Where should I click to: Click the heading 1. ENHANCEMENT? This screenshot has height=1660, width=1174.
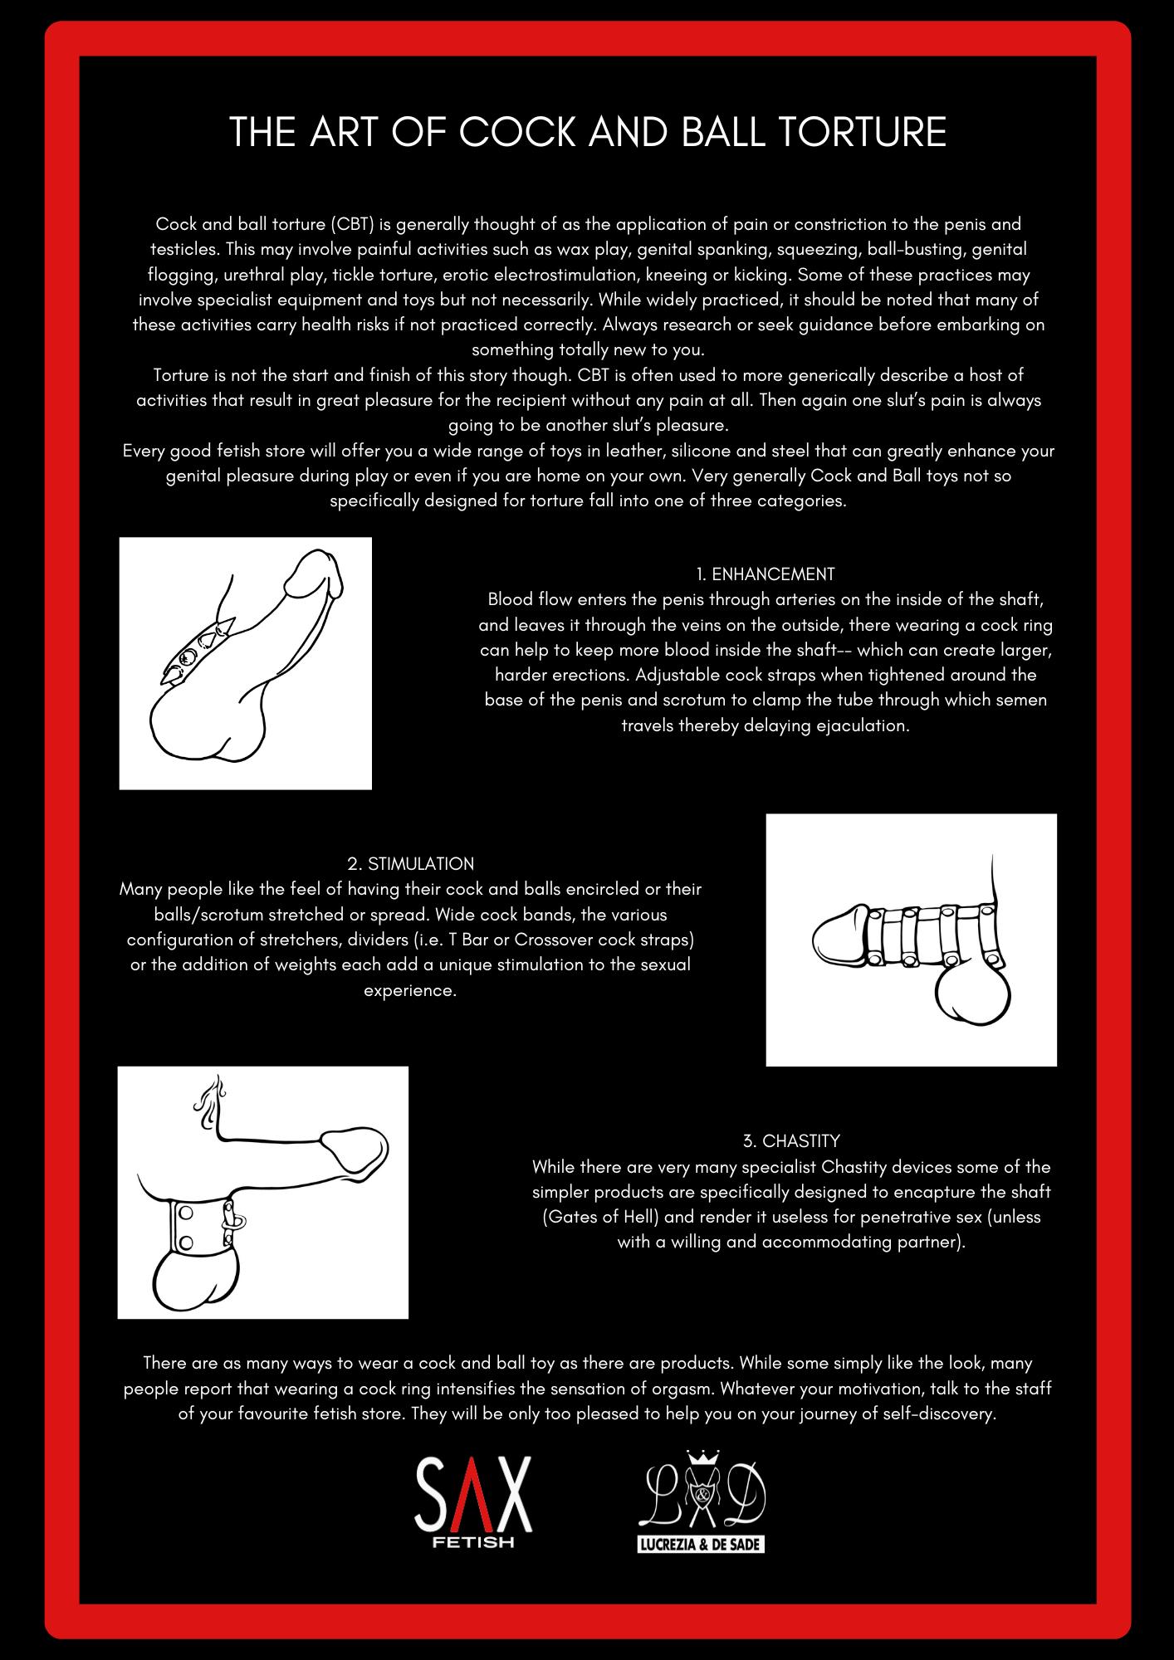(765, 574)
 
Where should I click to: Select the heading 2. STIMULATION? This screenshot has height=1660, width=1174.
(410, 864)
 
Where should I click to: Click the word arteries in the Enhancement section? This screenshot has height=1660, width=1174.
(808, 599)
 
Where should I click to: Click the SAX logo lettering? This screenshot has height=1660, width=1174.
(472, 1497)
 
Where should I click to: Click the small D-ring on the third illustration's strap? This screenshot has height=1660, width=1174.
(236, 1220)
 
